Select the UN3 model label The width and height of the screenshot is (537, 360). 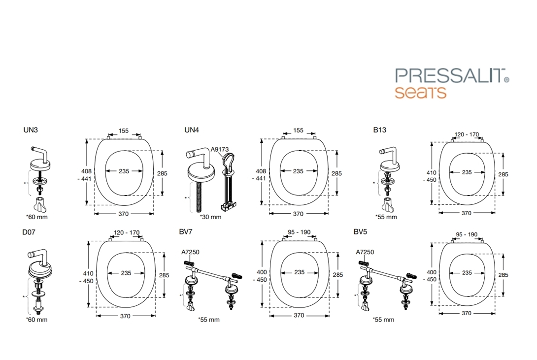pos(31,130)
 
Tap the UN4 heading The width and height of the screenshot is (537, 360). pos(192,130)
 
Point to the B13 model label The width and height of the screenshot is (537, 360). pos(380,130)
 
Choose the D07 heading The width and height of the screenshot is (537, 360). pos(29,232)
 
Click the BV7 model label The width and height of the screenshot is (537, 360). pos(186,231)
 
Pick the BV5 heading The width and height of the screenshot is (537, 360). pos(360,231)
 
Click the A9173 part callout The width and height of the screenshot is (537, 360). pos(220,149)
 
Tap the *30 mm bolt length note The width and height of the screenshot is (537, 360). pos(211,217)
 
